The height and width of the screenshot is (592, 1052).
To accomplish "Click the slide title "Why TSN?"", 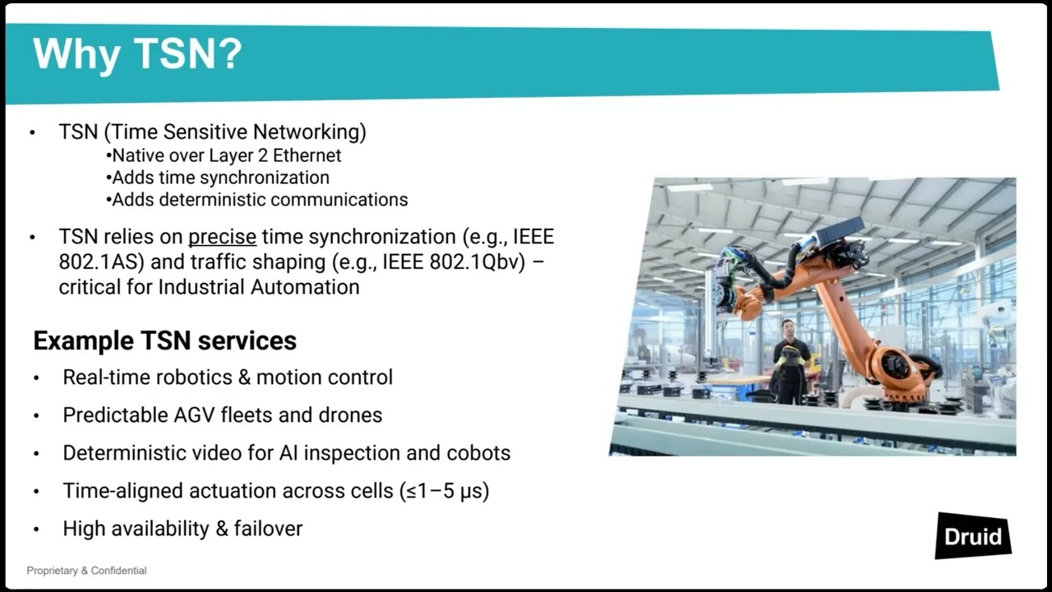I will [137, 54].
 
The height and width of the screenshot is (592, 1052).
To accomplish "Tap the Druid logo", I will [973, 537].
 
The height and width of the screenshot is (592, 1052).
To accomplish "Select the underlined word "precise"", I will [222, 237].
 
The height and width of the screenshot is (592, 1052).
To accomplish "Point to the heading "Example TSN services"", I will [164, 340].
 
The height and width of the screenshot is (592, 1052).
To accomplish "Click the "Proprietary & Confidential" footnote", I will [86, 571].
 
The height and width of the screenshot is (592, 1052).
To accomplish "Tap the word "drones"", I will [352, 415].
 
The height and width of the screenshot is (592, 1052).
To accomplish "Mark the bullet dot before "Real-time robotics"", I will [36, 378].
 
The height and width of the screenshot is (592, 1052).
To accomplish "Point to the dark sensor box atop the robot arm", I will [838, 229].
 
